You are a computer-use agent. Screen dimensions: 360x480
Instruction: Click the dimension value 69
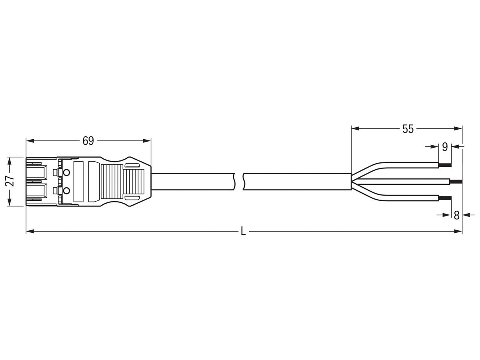[x=88, y=141]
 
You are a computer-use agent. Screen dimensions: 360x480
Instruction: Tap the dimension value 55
[x=408, y=129]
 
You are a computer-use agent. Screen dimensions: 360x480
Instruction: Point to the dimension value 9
[x=445, y=147]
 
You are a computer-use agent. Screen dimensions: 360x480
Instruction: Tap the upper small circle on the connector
[x=67, y=173]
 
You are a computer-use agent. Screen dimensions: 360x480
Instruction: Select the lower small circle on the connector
[x=67, y=190]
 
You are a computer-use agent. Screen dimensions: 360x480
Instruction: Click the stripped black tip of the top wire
[x=445, y=165]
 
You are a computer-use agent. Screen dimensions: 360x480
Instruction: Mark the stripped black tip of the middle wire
[x=456, y=182]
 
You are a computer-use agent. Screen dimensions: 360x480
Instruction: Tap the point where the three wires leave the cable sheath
[x=352, y=182]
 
